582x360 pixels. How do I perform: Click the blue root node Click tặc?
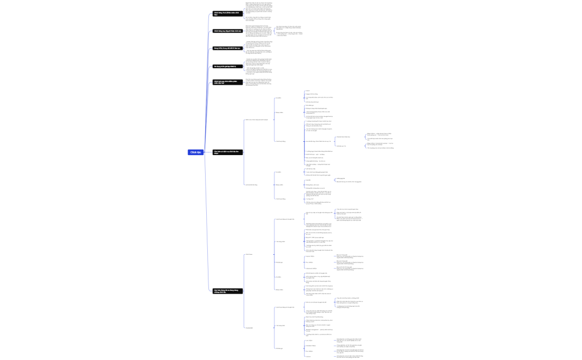coord(195,152)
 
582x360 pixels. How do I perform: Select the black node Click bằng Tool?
coord(227,13)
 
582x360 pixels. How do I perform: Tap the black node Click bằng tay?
coord(227,31)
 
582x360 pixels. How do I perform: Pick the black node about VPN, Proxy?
coord(227,48)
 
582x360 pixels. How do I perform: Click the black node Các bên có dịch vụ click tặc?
coord(227,152)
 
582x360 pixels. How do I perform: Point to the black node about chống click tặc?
coord(227,290)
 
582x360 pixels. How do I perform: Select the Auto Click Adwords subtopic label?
coord(256,120)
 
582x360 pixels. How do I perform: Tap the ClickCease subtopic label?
coord(249,255)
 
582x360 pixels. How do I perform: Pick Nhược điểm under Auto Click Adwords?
coord(279,112)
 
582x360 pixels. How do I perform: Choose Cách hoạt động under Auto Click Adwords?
coord(280,141)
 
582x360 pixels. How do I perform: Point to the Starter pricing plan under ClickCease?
coord(309,256)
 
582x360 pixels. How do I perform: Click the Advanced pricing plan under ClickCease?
coord(311,269)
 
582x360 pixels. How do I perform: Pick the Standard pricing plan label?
coord(310,346)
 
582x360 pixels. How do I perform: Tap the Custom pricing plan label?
coord(308,357)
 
